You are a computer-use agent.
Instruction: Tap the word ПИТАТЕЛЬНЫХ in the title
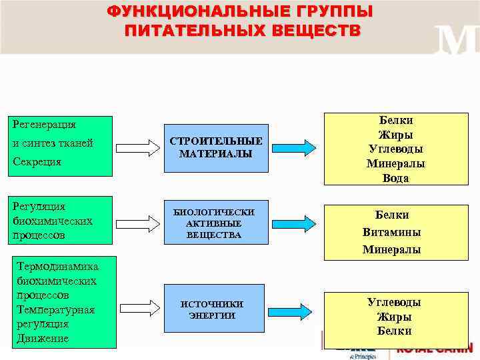181,31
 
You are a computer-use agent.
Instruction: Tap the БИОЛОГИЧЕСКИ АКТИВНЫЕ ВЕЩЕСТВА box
214,223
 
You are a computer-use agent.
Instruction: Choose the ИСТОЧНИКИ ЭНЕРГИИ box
212,309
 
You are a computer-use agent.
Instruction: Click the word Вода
395,178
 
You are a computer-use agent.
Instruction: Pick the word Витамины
391,232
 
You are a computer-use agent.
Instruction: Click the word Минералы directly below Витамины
391,250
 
